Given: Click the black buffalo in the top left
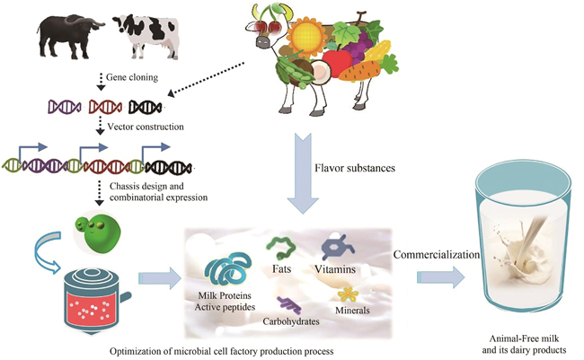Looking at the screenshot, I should pyautogui.click(x=68, y=36).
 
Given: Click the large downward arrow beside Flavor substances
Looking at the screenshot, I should pyautogui.click(x=302, y=166).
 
